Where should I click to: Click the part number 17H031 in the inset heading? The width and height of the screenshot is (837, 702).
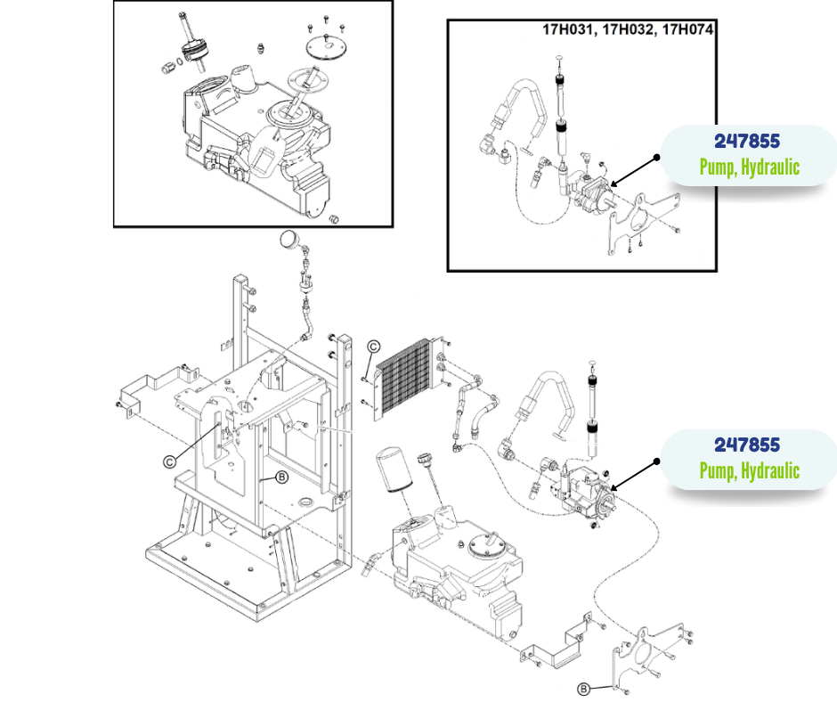(x=567, y=30)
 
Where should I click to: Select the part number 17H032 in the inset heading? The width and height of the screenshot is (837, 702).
(x=628, y=30)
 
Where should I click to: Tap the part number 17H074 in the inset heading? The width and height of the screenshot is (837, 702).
(x=687, y=29)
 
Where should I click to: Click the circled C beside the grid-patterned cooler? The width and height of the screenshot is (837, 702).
(x=374, y=347)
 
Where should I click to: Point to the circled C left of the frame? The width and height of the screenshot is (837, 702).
(x=170, y=461)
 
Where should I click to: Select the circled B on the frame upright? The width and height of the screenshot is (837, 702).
(x=281, y=478)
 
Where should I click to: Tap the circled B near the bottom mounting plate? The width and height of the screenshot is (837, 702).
(x=583, y=690)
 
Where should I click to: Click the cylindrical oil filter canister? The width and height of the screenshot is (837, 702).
(x=394, y=469)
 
